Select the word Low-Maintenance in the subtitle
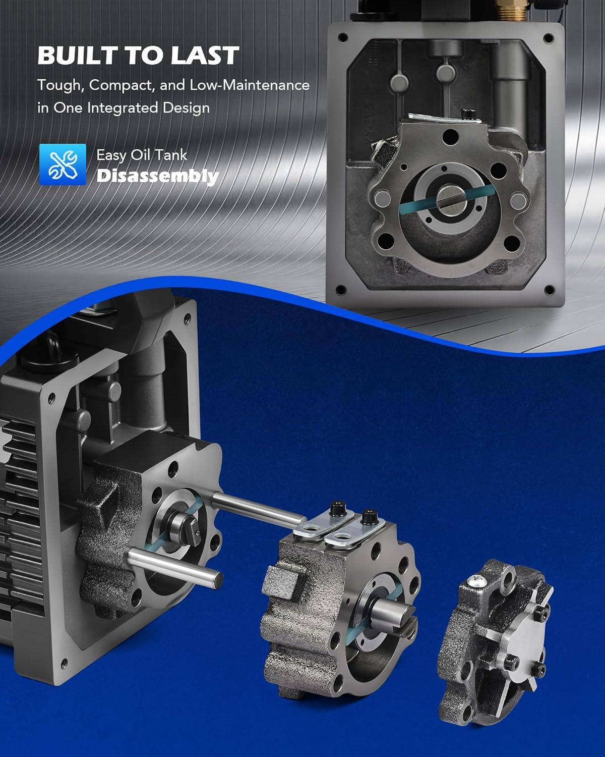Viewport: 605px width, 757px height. pyautogui.click(x=250, y=85)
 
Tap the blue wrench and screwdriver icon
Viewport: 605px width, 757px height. pyautogui.click(x=63, y=165)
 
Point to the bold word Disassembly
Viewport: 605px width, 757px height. pyautogui.click(x=157, y=177)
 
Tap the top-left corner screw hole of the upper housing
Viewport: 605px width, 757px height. pyautogui.click(x=343, y=37)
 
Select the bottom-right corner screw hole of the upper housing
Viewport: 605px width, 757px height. pyautogui.click(x=549, y=290)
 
